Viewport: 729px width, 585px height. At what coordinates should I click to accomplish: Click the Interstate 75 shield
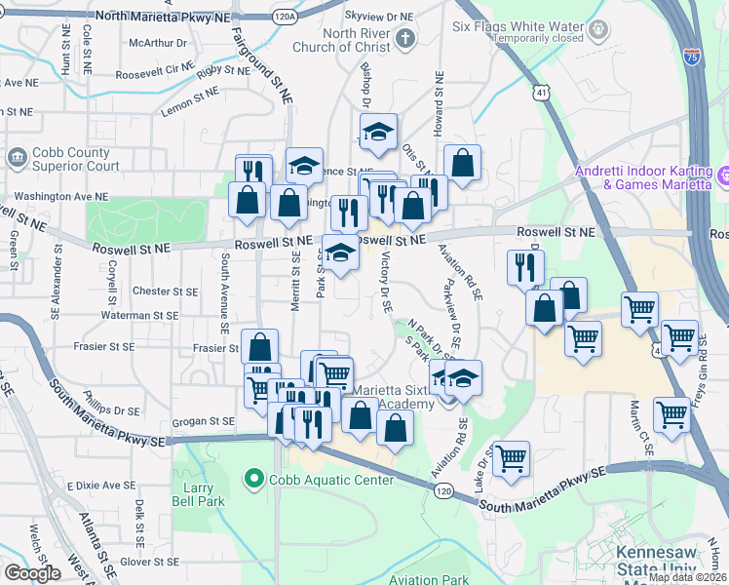click(x=692, y=58)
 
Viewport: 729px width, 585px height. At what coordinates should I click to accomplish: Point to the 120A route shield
click(x=286, y=17)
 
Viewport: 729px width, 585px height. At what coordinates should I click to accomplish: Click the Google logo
click(x=31, y=573)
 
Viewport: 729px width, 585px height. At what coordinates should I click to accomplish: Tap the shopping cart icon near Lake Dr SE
click(x=511, y=457)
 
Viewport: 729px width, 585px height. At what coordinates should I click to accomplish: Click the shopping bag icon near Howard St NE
click(x=463, y=163)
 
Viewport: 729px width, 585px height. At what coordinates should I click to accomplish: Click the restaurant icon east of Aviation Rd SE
click(x=525, y=265)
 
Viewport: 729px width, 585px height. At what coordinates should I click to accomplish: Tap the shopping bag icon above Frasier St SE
click(x=260, y=346)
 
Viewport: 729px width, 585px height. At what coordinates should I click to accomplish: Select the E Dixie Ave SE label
click(x=101, y=486)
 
